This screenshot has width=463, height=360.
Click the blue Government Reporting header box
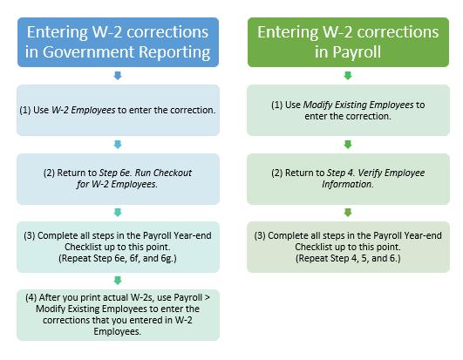118,42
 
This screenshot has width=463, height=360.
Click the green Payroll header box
348,42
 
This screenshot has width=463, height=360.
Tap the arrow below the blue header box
118,76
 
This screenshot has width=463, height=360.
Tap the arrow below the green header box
348,76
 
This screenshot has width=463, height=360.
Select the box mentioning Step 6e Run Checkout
118,179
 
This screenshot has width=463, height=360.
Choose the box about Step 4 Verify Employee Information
348,179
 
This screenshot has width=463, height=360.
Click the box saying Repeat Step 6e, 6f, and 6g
118,247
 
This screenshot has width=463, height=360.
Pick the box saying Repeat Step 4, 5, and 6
348,247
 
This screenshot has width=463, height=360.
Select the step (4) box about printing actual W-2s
118,315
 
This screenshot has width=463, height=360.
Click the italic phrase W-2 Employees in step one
83,110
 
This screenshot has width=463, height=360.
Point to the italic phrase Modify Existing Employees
358,105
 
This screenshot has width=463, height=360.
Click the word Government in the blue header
88,52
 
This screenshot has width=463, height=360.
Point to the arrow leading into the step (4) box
118,281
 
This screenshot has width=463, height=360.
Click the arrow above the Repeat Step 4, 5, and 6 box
348,213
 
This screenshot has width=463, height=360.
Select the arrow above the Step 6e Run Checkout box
118,145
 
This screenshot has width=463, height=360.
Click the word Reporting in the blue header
174,52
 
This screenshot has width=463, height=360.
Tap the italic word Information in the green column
348,184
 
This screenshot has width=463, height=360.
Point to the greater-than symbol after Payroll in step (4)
207,298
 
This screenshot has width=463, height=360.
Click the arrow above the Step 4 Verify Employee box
348,145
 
